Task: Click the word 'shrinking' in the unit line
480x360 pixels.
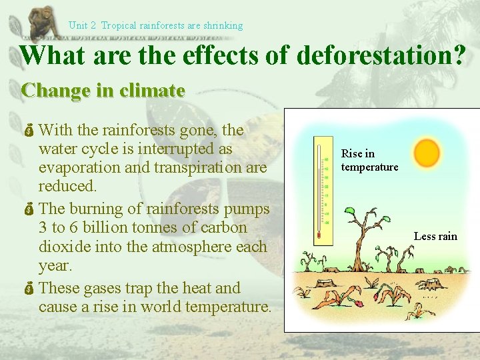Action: coord(223,25)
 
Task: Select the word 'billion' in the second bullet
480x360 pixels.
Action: coord(94,227)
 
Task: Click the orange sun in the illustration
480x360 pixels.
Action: coord(427,153)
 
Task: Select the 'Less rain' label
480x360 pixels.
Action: coord(435,236)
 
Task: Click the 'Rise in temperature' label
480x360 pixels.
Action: coord(369,160)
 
